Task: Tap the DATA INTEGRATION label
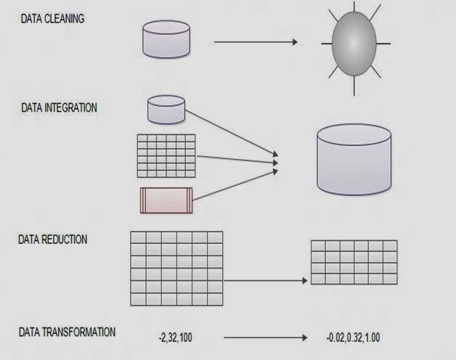[x=59, y=107]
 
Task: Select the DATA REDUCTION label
[x=54, y=240]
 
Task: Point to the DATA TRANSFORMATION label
[x=67, y=332]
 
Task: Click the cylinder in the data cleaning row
[x=166, y=39]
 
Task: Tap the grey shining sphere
[x=356, y=43]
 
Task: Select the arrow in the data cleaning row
[x=255, y=42]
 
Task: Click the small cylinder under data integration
[x=166, y=109]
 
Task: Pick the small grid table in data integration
[x=166, y=155]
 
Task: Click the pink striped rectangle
[x=166, y=200]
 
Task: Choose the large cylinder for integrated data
[x=354, y=160]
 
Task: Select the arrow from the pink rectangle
[x=232, y=184]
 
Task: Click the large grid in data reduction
[x=176, y=268]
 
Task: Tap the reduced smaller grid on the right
[x=354, y=262]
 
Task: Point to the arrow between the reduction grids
[x=265, y=280]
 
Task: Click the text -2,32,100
[x=176, y=337]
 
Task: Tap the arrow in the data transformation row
[x=266, y=337]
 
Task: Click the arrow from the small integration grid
[x=236, y=159]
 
